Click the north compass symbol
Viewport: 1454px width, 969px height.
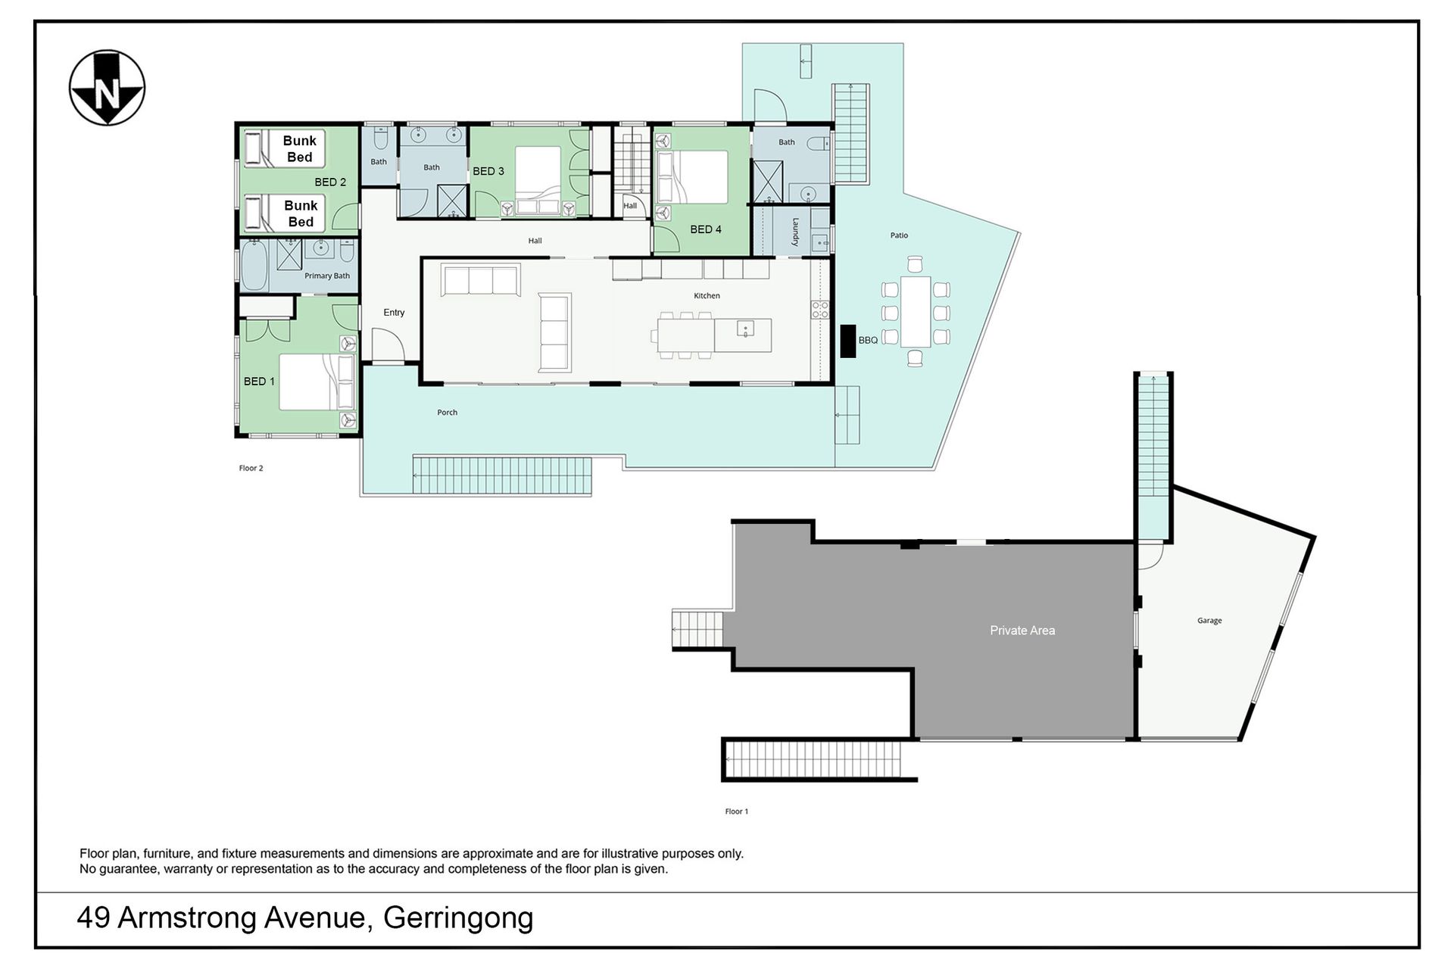click(x=107, y=88)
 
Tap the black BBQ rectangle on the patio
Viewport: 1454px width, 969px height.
click(x=848, y=341)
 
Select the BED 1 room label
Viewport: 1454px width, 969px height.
click(x=259, y=382)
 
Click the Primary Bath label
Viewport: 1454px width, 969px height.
click(x=327, y=276)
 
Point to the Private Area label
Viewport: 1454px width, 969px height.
click(x=1022, y=630)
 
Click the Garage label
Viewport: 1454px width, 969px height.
click(x=1209, y=621)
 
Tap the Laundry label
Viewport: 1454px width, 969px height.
click(x=796, y=232)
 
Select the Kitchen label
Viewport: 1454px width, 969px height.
click(x=707, y=296)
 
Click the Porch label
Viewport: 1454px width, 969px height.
click(x=447, y=413)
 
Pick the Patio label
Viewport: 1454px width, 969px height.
click(x=899, y=235)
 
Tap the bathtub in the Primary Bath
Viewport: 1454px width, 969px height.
click(x=254, y=266)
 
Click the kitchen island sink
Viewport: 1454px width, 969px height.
click(x=745, y=329)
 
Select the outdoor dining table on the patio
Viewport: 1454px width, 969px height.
click(x=915, y=312)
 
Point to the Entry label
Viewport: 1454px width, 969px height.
click(x=394, y=313)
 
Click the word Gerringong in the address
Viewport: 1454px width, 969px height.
click(x=458, y=918)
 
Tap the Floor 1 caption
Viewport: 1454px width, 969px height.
click(x=736, y=812)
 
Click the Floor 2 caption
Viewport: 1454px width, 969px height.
click(x=251, y=468)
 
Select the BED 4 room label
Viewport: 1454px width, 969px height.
click(x=706, y=229)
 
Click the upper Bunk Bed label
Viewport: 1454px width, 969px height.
click(x=300, y=149)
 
